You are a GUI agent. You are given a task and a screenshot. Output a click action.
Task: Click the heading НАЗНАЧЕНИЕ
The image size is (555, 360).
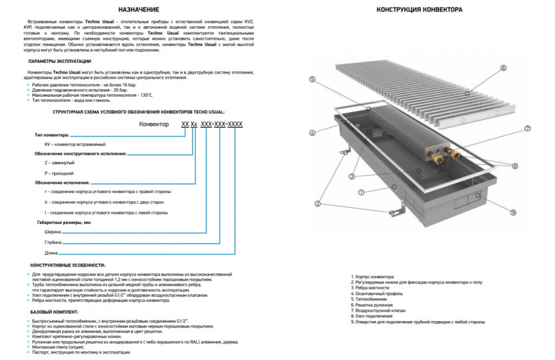pos(138,10)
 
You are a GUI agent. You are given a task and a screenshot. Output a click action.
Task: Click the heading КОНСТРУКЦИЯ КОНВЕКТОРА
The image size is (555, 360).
pos(420,10)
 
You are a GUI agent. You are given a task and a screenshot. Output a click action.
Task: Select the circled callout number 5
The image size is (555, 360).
pos(312,80)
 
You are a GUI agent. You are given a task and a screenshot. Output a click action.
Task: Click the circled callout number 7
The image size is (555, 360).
pos(528,128)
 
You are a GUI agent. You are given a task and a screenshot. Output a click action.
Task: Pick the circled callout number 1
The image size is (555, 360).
pos(362,191)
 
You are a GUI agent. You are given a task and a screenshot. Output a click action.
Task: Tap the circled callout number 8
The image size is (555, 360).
pos(515,166)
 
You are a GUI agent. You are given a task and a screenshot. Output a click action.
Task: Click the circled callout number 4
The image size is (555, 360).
pos(312,133)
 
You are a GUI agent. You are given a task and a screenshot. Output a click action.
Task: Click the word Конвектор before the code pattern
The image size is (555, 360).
pos(154,124)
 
